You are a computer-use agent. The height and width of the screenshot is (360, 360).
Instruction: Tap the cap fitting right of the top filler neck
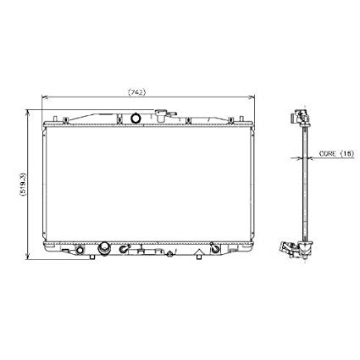click(x=174, y=116)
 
